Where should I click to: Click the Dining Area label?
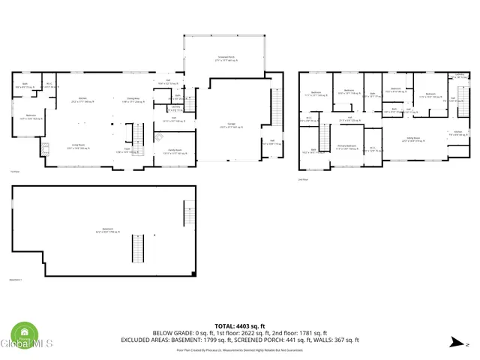coord(133,100)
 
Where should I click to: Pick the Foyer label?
coord(122,151)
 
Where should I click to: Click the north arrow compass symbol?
coord(456,343)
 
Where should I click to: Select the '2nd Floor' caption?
coord(304,180)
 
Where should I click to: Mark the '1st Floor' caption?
coord(14,171)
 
